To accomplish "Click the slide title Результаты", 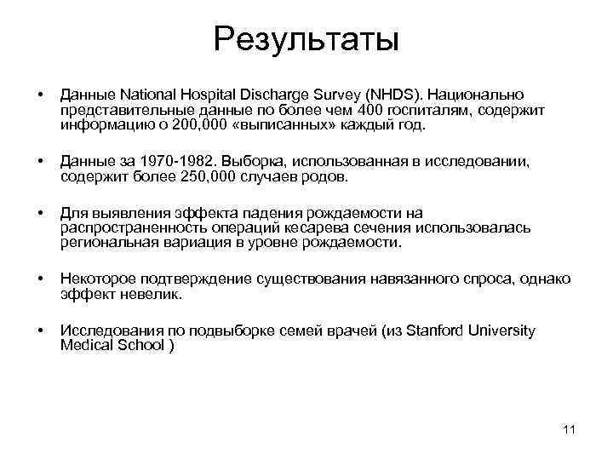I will point(306,38).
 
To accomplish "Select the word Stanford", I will point(431,331).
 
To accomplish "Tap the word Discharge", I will point(277,92).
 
